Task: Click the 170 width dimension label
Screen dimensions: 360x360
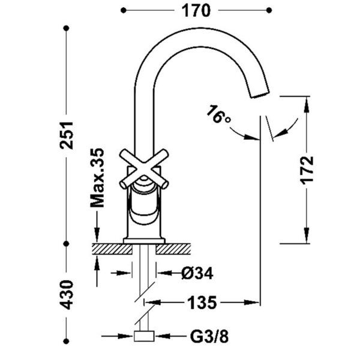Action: (196, 11)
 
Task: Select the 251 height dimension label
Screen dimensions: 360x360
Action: (67, 135)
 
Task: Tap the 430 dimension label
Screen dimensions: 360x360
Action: (67, 295)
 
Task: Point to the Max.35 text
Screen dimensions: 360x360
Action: (97, 178)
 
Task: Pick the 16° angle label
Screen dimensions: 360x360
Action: (219, 115)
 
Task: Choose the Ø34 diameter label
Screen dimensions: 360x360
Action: (197, 273)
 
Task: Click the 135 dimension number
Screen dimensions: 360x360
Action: (202, 302)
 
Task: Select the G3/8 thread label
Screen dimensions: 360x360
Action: (209, 337)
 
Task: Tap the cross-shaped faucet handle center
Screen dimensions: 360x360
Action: (144, 169)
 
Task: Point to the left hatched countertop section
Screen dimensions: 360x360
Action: (112, 249)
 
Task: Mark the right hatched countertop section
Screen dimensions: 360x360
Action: (173, 249)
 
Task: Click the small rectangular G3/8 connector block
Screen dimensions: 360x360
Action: (144, 336)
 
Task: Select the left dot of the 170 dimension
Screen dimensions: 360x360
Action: (124, 10)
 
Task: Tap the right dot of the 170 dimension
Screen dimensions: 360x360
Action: (269, 10)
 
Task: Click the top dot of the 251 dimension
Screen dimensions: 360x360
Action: (67, 28)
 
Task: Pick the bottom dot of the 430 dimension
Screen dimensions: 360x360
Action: (67, 341)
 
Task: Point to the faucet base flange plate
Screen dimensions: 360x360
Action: (144, 241)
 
